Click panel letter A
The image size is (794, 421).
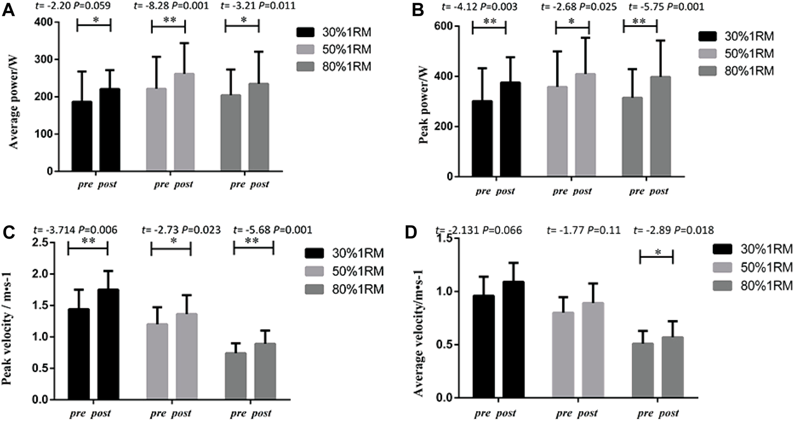click(x=8, y=10)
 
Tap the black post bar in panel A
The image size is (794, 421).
click(x=109, y=130)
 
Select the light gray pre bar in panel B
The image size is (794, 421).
click(x=557, y=130)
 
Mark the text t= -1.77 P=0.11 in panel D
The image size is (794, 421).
click(x=583, y=230)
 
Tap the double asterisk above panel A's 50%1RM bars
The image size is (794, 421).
click(x=168, y=21)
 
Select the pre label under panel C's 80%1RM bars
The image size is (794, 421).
click(x=238, y=413)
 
